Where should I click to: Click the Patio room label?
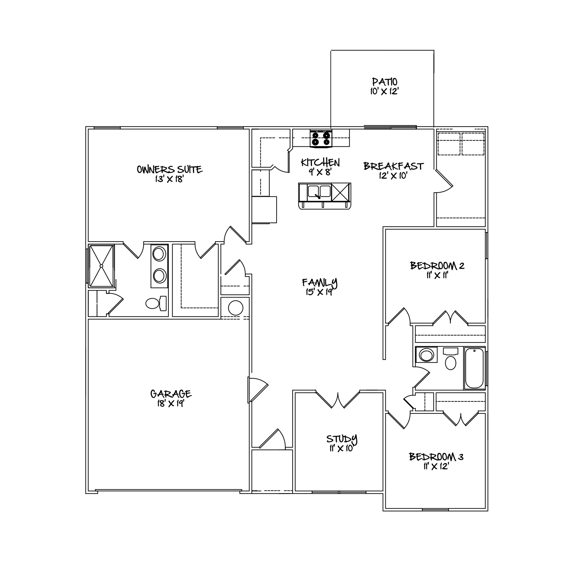tap(385, 82)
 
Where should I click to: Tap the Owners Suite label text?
tap(170, 169)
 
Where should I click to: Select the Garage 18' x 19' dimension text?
tap(171, 404)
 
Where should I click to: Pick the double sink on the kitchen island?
tap(319, 192)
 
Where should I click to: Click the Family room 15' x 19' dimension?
tap(319, 292)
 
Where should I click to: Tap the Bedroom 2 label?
tap(437, 266)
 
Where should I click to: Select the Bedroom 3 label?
tap(436, 457)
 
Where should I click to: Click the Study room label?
tap(342, 439)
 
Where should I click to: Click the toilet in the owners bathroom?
tap(156, 303)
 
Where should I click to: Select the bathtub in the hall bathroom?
tap(475, 368)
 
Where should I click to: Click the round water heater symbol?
tap(235, 308)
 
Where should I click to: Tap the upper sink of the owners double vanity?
tap(159, 254)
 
